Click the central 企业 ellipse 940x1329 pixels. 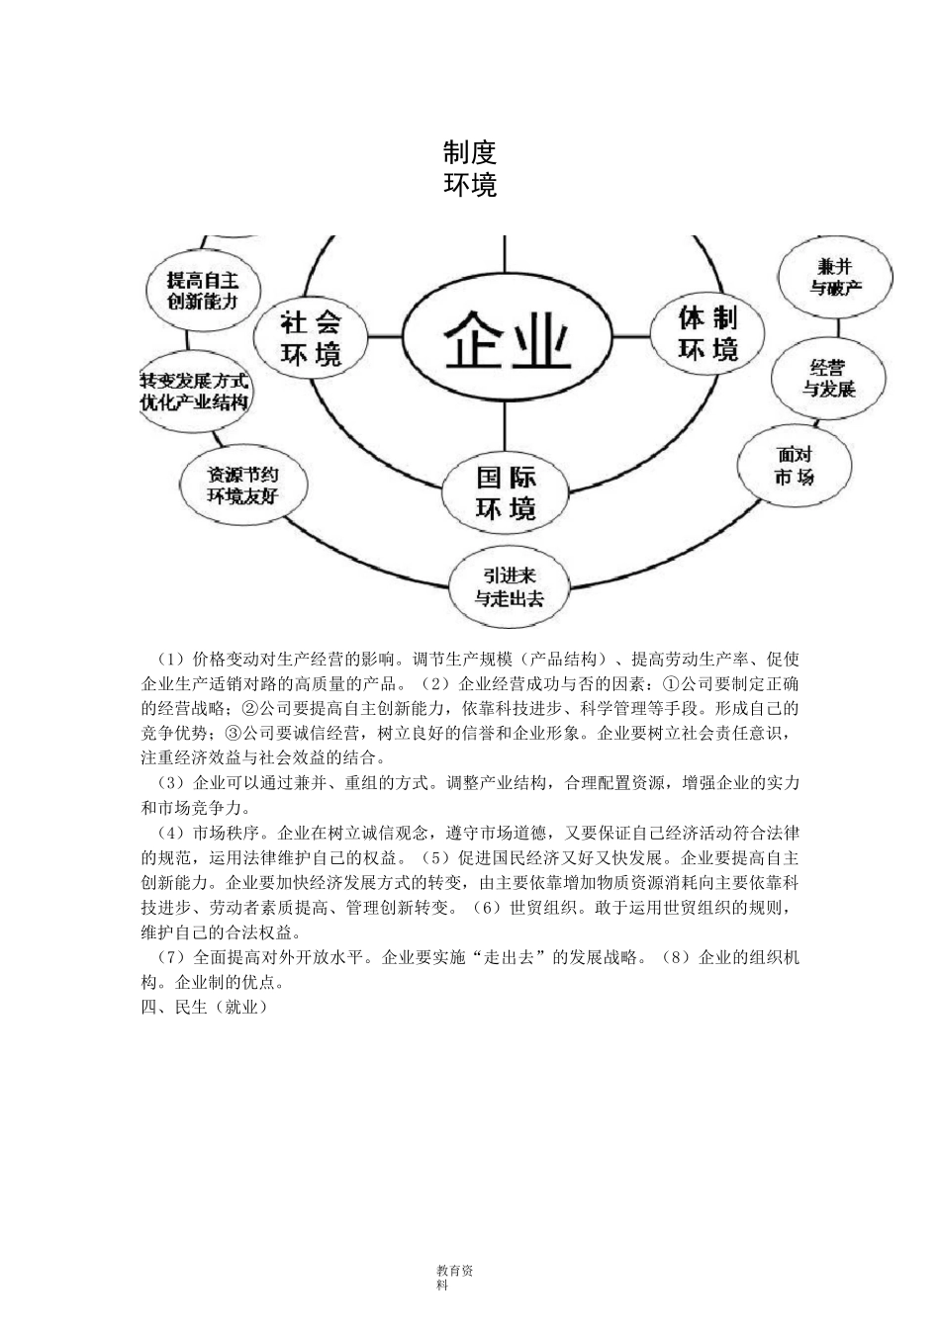click(507, 339)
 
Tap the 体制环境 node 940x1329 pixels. click(706, 333)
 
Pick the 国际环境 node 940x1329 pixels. click(506, 493)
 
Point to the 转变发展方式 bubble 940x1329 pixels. click(194, 392)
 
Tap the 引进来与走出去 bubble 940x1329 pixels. click(509, 586)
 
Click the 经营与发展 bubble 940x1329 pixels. click(828, 378)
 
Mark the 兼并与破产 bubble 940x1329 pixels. click(834, 277)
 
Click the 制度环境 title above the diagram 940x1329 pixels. click(470, 168)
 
